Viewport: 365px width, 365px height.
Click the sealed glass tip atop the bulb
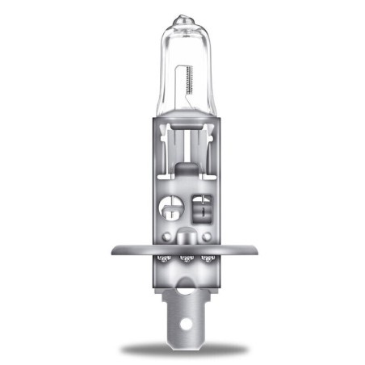click(x=182, y=15)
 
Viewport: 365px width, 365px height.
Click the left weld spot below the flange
click(x=162, y=259)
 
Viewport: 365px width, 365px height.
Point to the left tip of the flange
click(x=114, y=250)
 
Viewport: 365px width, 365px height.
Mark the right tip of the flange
click(x=254, y=250)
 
